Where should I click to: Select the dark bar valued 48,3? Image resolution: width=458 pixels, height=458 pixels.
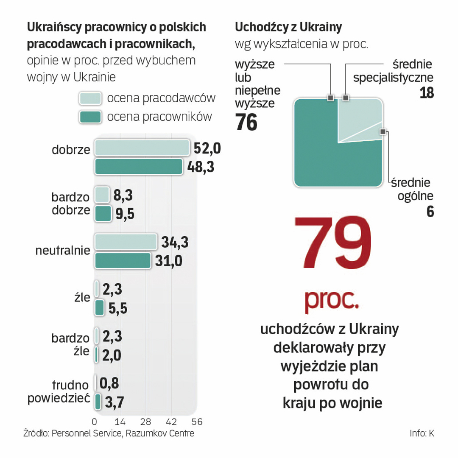[139, 167]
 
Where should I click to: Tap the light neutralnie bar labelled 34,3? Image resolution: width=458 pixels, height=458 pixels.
[126, 242]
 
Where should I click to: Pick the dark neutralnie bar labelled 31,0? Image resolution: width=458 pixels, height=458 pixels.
[123, 260]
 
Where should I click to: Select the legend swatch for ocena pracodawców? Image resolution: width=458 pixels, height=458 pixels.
[90, 98]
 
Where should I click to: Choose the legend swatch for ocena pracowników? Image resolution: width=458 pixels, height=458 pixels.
[90, 117]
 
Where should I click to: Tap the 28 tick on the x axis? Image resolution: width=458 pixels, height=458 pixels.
[146, 422]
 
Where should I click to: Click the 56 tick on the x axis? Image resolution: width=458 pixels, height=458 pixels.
[197, 422]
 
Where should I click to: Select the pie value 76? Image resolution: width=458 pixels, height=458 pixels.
[246, 123]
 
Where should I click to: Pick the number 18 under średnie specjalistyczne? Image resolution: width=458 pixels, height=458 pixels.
[427, 93]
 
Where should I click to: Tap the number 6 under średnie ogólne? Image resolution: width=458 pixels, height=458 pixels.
[430, 212]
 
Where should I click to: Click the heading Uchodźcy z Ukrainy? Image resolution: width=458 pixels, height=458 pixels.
[288, 28]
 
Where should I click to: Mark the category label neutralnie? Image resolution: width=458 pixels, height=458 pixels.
[63, 251]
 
